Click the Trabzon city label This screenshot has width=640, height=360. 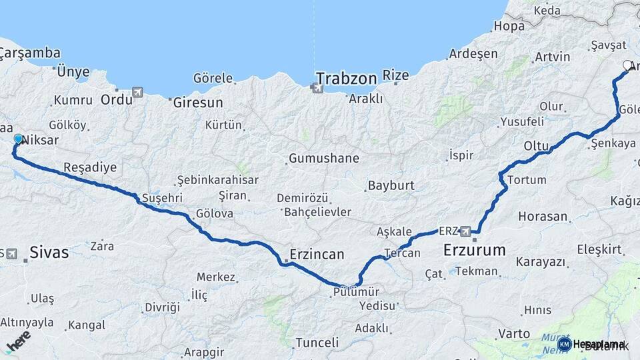(x=347, y=78)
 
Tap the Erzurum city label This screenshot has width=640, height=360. (x=475, y=251)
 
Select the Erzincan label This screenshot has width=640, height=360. (x=317, y=254)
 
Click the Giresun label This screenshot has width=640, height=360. (x=198, y=103)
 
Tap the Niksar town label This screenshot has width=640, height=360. (x=41, y=141)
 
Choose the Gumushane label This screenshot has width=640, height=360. (x=324, y=159)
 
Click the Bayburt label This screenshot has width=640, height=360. (x=391, y=185)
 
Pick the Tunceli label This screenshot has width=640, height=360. (x=316, y=343)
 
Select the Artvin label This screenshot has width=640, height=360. (x=552, y=57)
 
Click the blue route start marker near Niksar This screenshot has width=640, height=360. (x=18, y=139)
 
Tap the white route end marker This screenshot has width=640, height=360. (x=627, y=65)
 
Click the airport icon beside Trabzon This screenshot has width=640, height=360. (x=316, y=87)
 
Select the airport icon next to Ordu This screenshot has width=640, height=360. (x=137, y=91)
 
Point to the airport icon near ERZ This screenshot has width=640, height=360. (x=465, y=231)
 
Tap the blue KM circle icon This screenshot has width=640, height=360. (x=564, y=345)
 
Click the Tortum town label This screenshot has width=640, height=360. (x=526, y=180)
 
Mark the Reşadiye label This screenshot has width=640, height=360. (x=90, y=166)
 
